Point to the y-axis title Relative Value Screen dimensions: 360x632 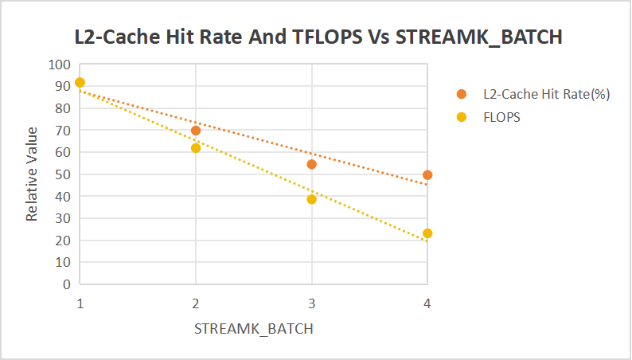(32, 173)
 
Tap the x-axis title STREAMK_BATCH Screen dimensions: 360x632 (253, 329)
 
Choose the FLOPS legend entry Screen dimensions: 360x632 (501, 117)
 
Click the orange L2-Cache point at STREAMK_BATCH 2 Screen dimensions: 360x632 (196, 131)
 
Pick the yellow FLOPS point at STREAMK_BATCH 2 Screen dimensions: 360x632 (196, 148)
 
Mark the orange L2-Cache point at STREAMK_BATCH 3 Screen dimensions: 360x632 (312, 164)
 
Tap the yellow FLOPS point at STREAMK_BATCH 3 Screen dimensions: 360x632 (312, 199)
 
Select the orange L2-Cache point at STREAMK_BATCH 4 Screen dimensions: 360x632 (427, 174)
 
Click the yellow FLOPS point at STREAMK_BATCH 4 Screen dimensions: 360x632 (427, 233)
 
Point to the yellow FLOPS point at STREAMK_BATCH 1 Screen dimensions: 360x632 (80, 82)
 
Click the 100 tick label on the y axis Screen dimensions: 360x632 (60, 65)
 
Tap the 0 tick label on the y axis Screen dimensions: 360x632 (67, 284)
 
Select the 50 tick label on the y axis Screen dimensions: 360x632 (63, 174)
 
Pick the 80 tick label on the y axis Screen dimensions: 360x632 (63, 108)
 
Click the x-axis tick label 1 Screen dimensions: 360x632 (80, 303)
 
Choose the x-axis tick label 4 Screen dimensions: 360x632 (427, 303)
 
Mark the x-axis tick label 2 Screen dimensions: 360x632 (196, 303)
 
